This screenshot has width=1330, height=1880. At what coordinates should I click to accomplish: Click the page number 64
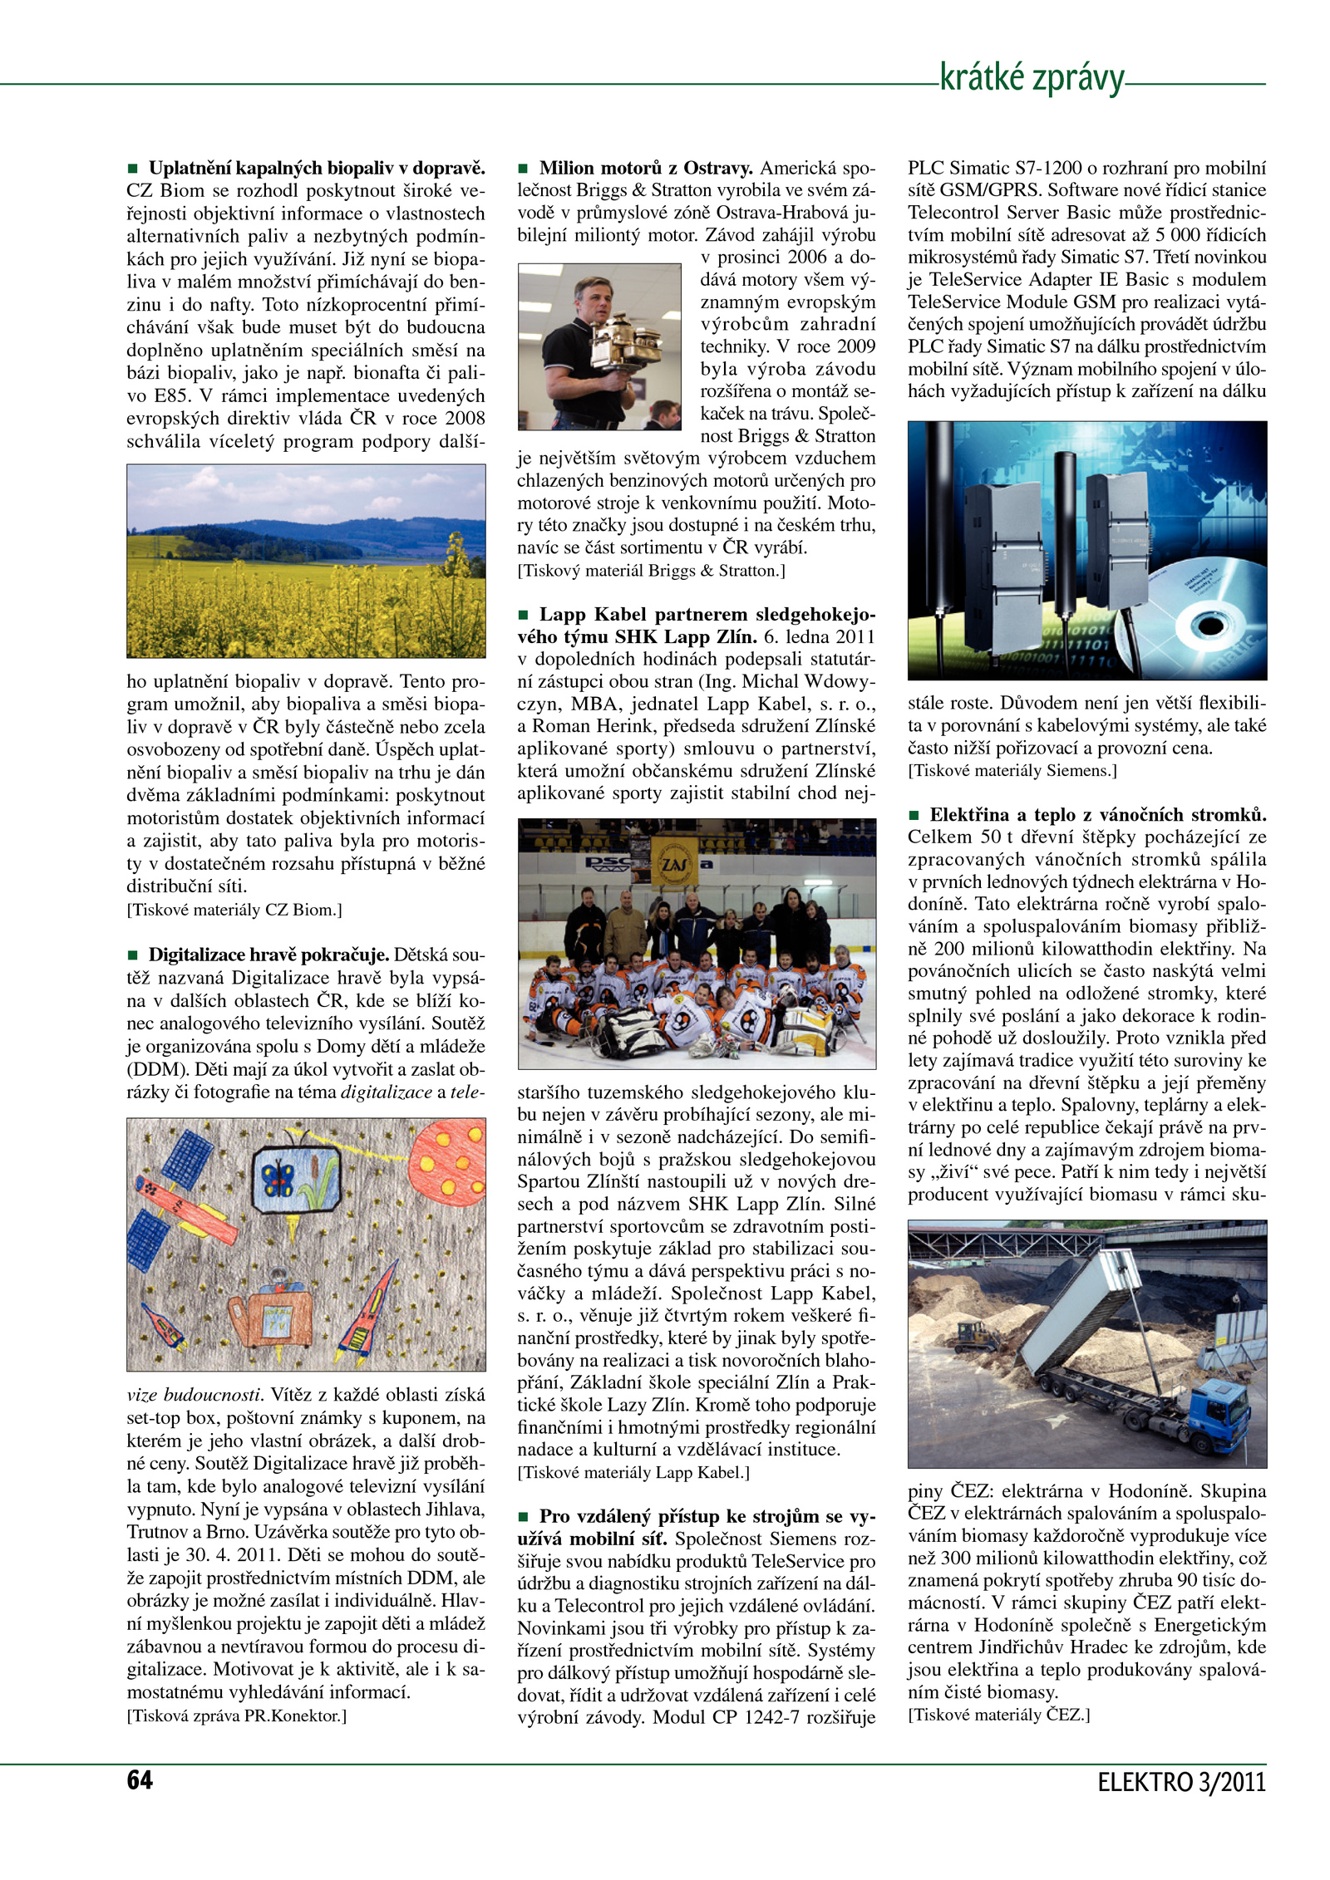coord(140,1780)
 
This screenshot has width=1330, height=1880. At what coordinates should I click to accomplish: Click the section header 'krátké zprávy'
coord(1031,78)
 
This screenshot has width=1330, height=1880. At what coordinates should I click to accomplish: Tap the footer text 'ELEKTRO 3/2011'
coord(1180,1783)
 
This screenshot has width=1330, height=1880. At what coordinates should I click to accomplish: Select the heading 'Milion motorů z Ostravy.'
coord(646,168)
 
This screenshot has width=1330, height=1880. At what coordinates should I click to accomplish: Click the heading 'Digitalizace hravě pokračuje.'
coord(268,955)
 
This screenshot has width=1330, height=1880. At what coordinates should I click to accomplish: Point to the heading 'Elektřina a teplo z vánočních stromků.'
coord(1097,814)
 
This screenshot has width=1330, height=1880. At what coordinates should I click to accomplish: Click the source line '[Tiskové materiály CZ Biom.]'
coord(234,910)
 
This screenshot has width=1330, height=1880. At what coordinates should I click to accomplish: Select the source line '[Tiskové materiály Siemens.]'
coord(1012,770)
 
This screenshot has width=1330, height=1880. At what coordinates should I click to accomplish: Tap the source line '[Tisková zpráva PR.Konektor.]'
coord(236,1716)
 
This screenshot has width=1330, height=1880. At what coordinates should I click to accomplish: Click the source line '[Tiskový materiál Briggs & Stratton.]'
coord(651,571)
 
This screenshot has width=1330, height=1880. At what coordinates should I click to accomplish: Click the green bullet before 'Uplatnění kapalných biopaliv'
coord(132,169)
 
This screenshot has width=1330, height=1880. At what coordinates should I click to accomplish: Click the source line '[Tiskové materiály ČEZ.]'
coord(998,1715)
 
